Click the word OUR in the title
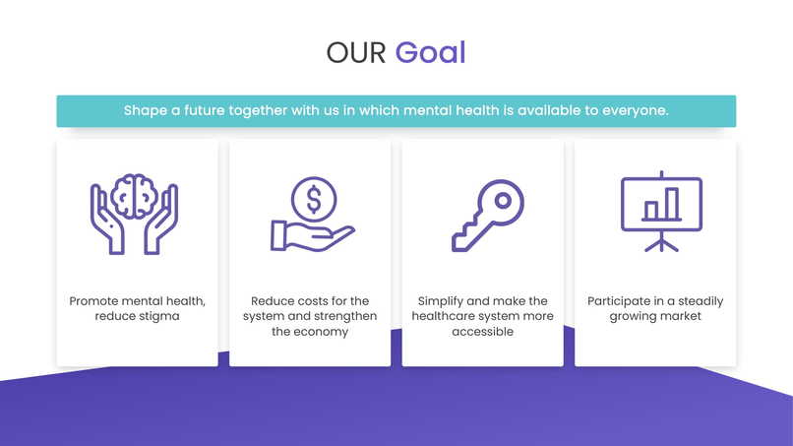tap(356, 52)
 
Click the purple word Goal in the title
tap(430, 52)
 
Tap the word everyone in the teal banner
tap(635, 110)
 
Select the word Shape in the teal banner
tap(145, 110)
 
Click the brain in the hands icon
tap(135, 196)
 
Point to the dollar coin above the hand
tap(314, 199)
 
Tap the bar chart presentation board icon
tap(661, 210)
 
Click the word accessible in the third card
tap(482, 332)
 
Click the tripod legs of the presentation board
tap(661, 242)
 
